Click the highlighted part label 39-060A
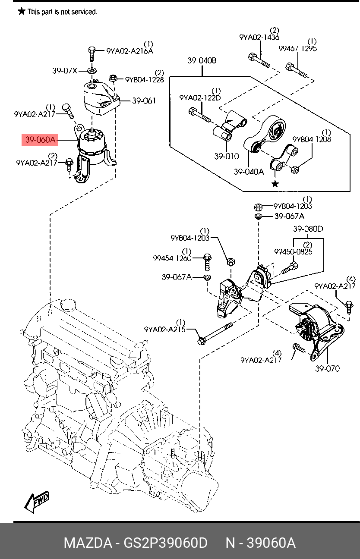pos(40,139)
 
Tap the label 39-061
pos(144,101)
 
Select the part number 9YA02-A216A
pos(129,51)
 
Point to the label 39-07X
pos(64,71)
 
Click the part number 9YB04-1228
pos(145,80)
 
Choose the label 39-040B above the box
pos(202,61)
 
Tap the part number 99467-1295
pos(298,48)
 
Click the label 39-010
pos(227,156)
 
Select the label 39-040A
pos(249,172)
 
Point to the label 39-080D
pos(308,229)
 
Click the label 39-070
pos(328,368)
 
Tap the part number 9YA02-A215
pos(165,330)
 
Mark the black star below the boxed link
pos(275,184)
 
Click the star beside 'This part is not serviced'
pos(22,11)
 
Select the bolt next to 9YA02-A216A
pos(92,54)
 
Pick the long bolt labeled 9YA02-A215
pos(215,333)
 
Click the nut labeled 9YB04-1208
pos(295,170)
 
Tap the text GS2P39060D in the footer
pos(165,543)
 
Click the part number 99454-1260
pos(172,258)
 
